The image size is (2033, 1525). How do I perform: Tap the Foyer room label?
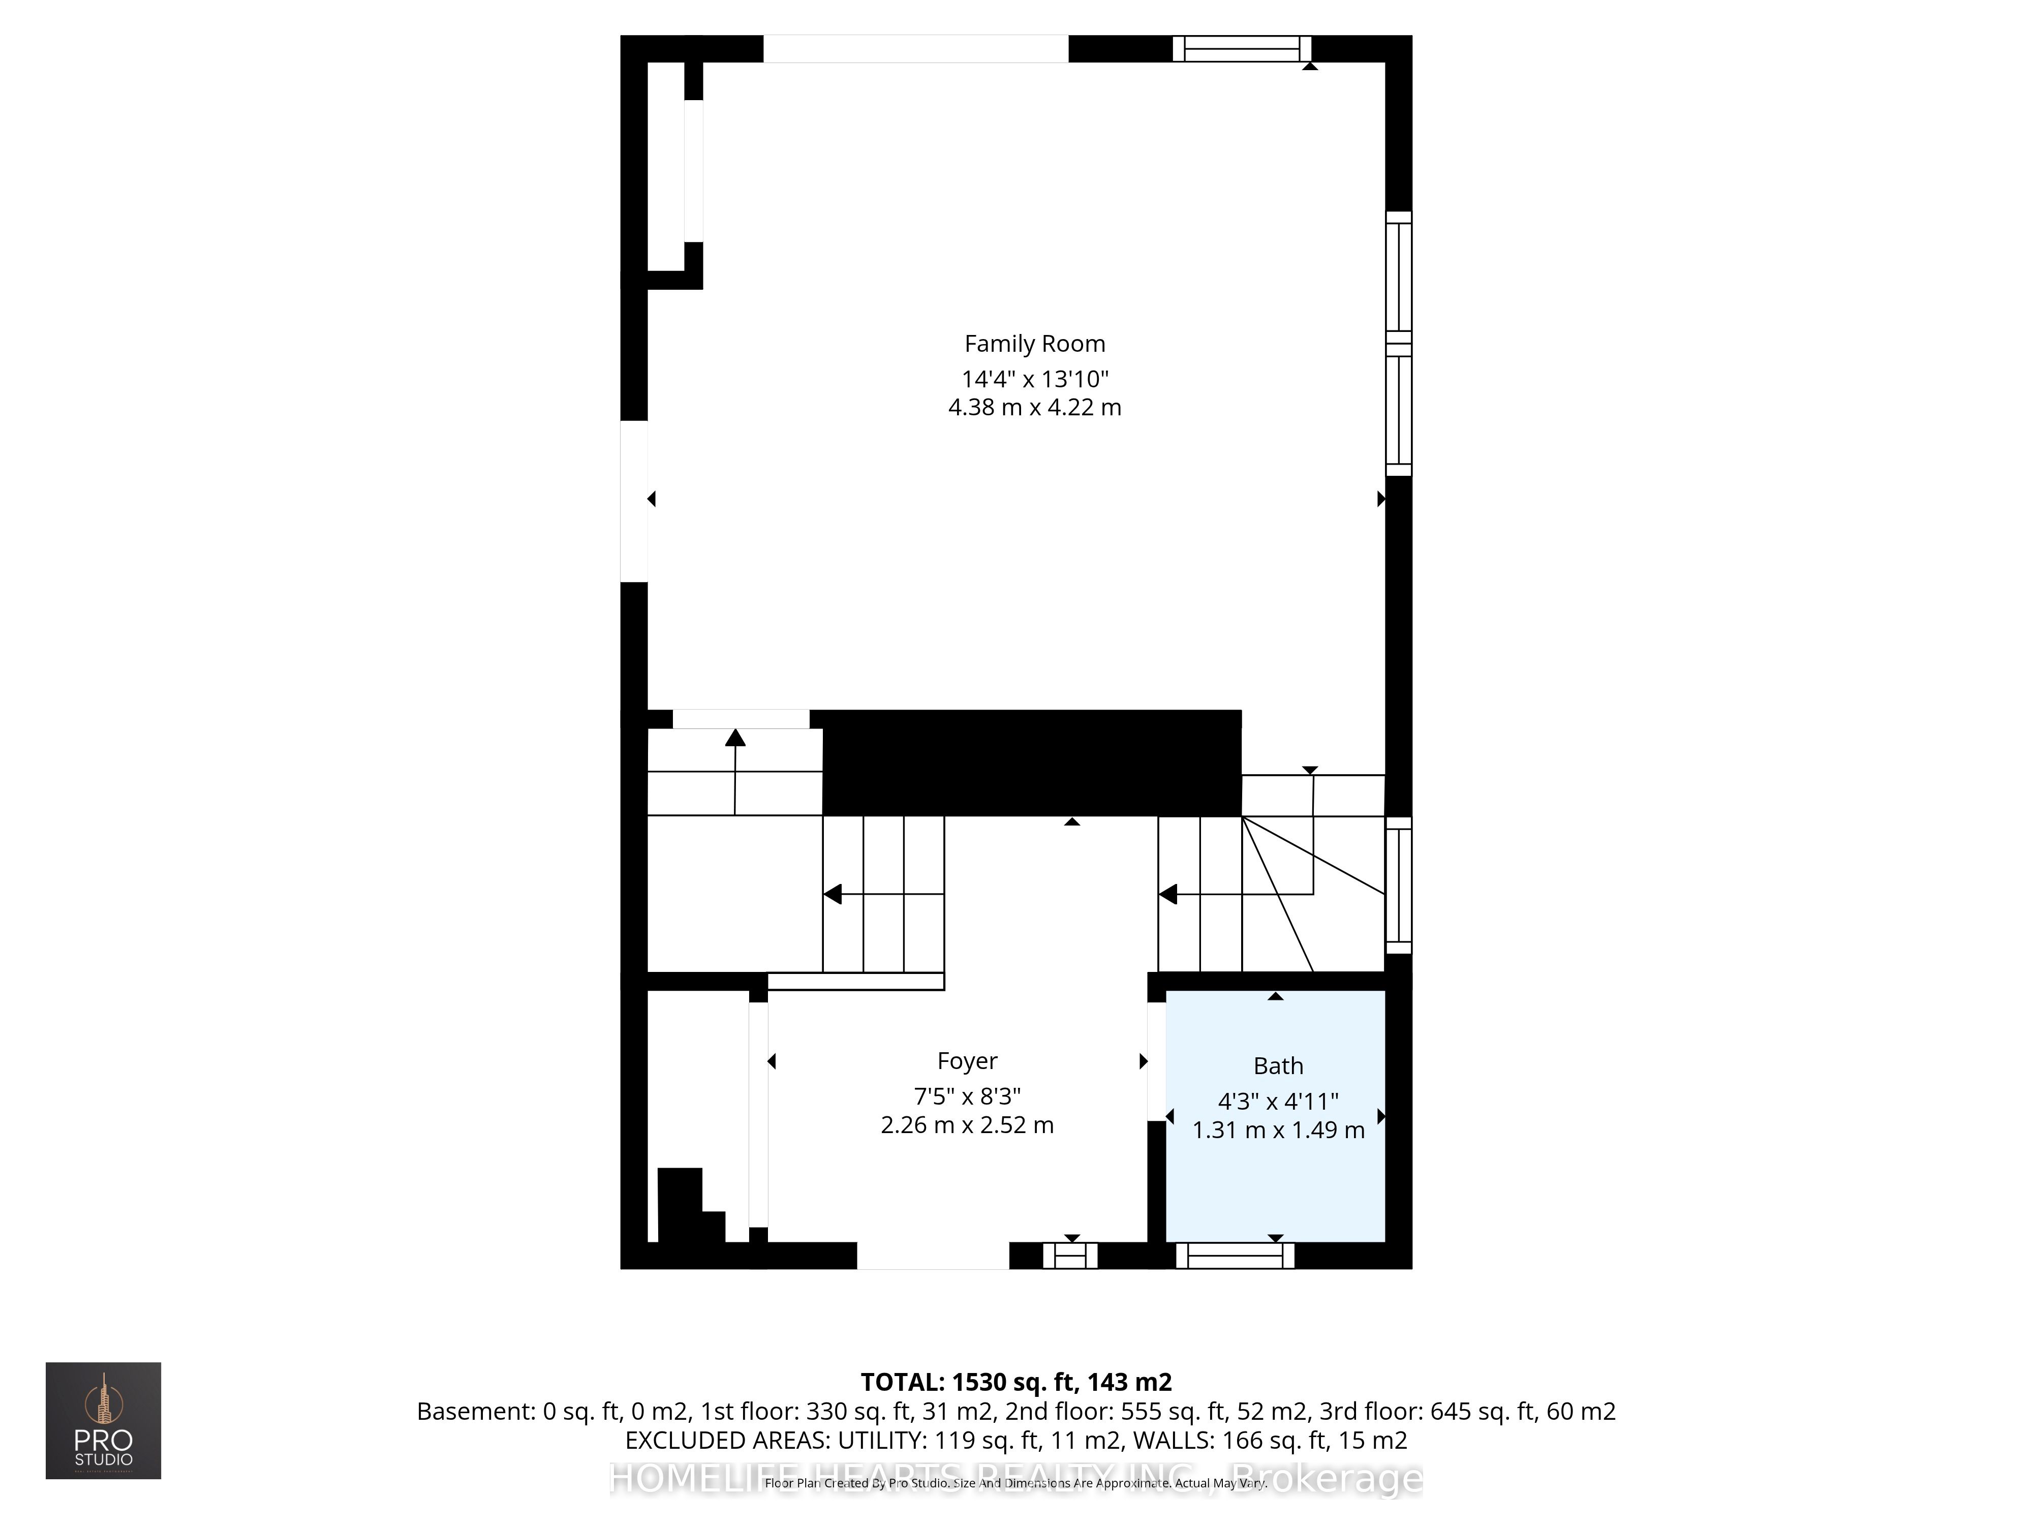pyautogui.click(x=967, y=1061)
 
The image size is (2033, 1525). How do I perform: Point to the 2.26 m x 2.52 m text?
pyautogui.click(x=967, y=1125)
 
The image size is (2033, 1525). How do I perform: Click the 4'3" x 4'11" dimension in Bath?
pyautogui.click(x=1278, y=1101)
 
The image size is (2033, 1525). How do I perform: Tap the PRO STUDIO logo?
pyautogui.click(x=103, y=1420)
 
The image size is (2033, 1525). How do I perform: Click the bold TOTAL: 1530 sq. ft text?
pyautogui.click(x=1015, y=1382)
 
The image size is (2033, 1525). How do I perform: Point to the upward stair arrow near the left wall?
pyautogui.click(x=734, y=738)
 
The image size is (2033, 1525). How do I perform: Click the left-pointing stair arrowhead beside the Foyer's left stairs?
pyautogui.click(x=833, y=894)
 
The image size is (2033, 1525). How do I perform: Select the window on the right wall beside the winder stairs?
pyautogui.click(x=1398, y=885)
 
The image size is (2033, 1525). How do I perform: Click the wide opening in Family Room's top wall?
pyautogui.click(x=915, y=49)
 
